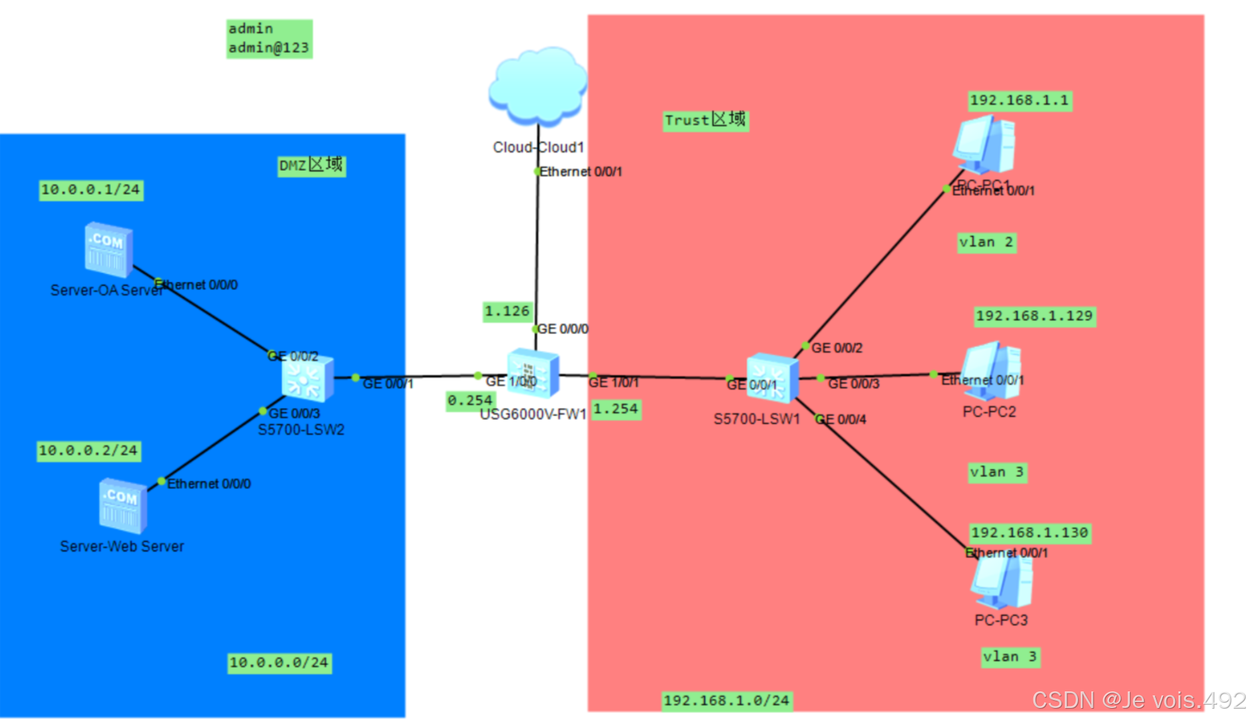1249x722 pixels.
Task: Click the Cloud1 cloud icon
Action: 537,86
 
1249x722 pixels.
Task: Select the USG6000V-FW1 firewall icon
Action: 533,374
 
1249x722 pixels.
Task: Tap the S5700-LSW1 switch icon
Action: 771,378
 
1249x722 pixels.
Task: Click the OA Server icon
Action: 108,250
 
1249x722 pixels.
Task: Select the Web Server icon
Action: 123,507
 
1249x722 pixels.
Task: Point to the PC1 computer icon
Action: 984,145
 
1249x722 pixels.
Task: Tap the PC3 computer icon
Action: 1002,581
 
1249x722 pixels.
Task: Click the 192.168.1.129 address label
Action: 1034,316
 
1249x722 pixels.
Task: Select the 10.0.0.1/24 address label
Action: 90,190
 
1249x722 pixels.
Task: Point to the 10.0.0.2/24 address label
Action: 88,451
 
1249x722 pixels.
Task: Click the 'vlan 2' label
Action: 986,243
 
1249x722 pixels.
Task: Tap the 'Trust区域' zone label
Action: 705,120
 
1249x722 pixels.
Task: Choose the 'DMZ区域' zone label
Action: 311,166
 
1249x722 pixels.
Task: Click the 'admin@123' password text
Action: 269,48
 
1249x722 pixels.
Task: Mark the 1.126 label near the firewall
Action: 507,311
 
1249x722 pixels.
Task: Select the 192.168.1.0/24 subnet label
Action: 726,701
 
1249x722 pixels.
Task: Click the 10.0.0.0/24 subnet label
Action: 279,663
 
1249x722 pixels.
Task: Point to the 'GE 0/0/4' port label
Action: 841,420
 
